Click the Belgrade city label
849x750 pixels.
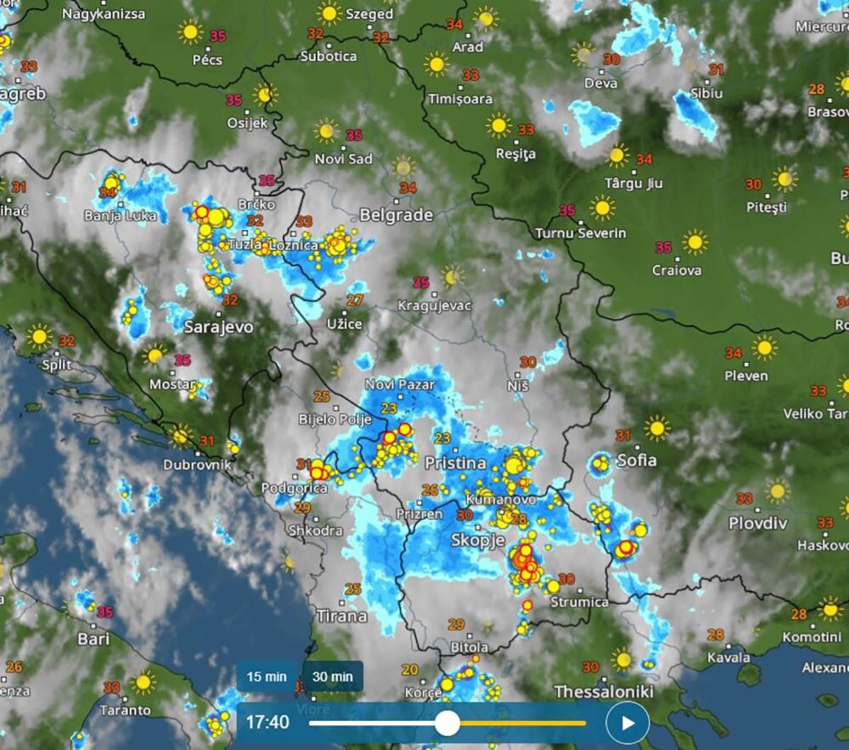click(396, 215)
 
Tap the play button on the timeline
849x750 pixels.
click(627, 722)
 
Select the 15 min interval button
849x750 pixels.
click(267, 676)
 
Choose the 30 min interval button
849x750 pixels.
click(333, 676)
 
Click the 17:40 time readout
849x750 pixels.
click(267, 722)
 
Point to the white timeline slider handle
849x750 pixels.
click(447, 723)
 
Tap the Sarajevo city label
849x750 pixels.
click(218, 327)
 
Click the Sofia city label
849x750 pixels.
click(637, 461)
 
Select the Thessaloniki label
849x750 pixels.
click(603, 691)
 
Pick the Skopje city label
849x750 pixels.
click(478, 541)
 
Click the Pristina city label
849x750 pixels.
click(455, 463)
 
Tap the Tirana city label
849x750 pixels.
click(342, 616)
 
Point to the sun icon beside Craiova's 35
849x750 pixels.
click(695, 242)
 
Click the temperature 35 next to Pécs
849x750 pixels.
click(218, 35)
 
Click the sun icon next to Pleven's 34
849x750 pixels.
click(764, 347)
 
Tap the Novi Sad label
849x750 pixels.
click(343, 159)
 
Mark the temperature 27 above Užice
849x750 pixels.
click(354, 300)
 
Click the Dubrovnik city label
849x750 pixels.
click(197, 465)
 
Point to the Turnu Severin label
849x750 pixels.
click(580, 233)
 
